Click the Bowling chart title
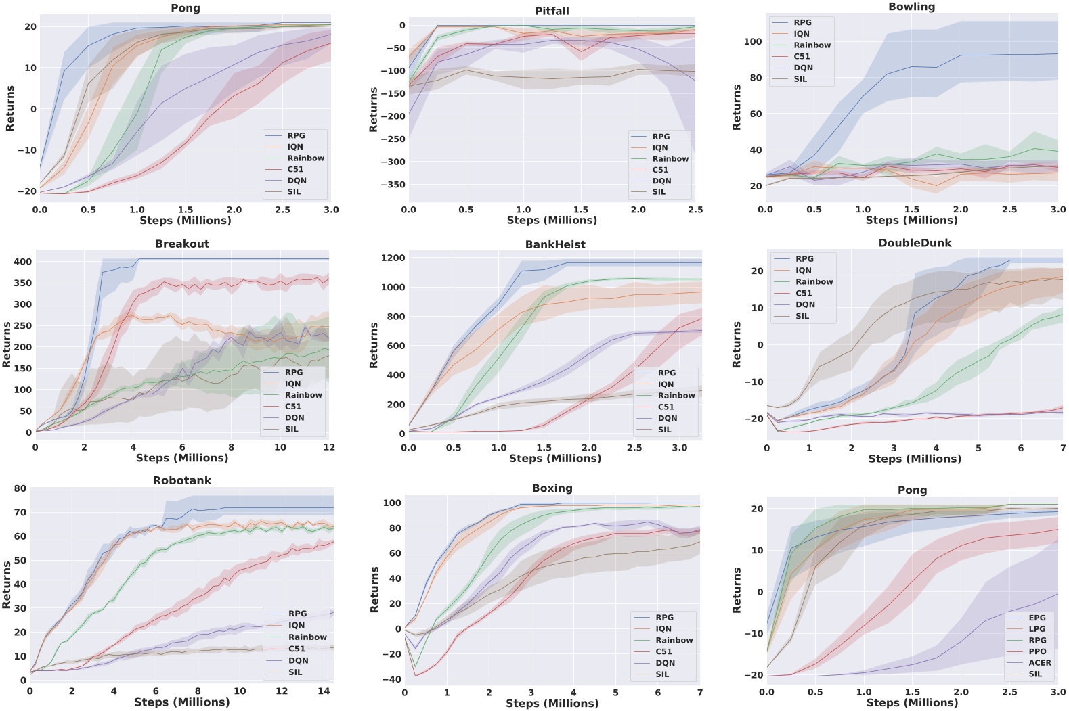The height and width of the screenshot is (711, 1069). tap(911, 7)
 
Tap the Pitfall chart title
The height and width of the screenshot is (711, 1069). tap(552, 11)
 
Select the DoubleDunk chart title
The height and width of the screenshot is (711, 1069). tap(915, 243)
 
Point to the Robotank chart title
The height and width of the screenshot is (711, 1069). tap(181, 480)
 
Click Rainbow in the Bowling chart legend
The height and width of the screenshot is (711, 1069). tap(812, 45)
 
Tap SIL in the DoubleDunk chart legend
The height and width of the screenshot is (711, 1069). tap(802, 316)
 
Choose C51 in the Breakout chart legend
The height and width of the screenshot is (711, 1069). tap(292, 407)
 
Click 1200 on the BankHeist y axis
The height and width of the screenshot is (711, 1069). tap(393, 258)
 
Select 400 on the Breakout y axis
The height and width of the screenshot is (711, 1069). tap(23, 262)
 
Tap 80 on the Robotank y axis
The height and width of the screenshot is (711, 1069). tap(20, 488)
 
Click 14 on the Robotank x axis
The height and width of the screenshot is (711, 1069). tap(324, 691)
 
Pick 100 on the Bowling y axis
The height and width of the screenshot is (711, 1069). tap(752, 42)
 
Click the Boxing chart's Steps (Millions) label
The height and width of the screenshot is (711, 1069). tap(552, 704)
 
